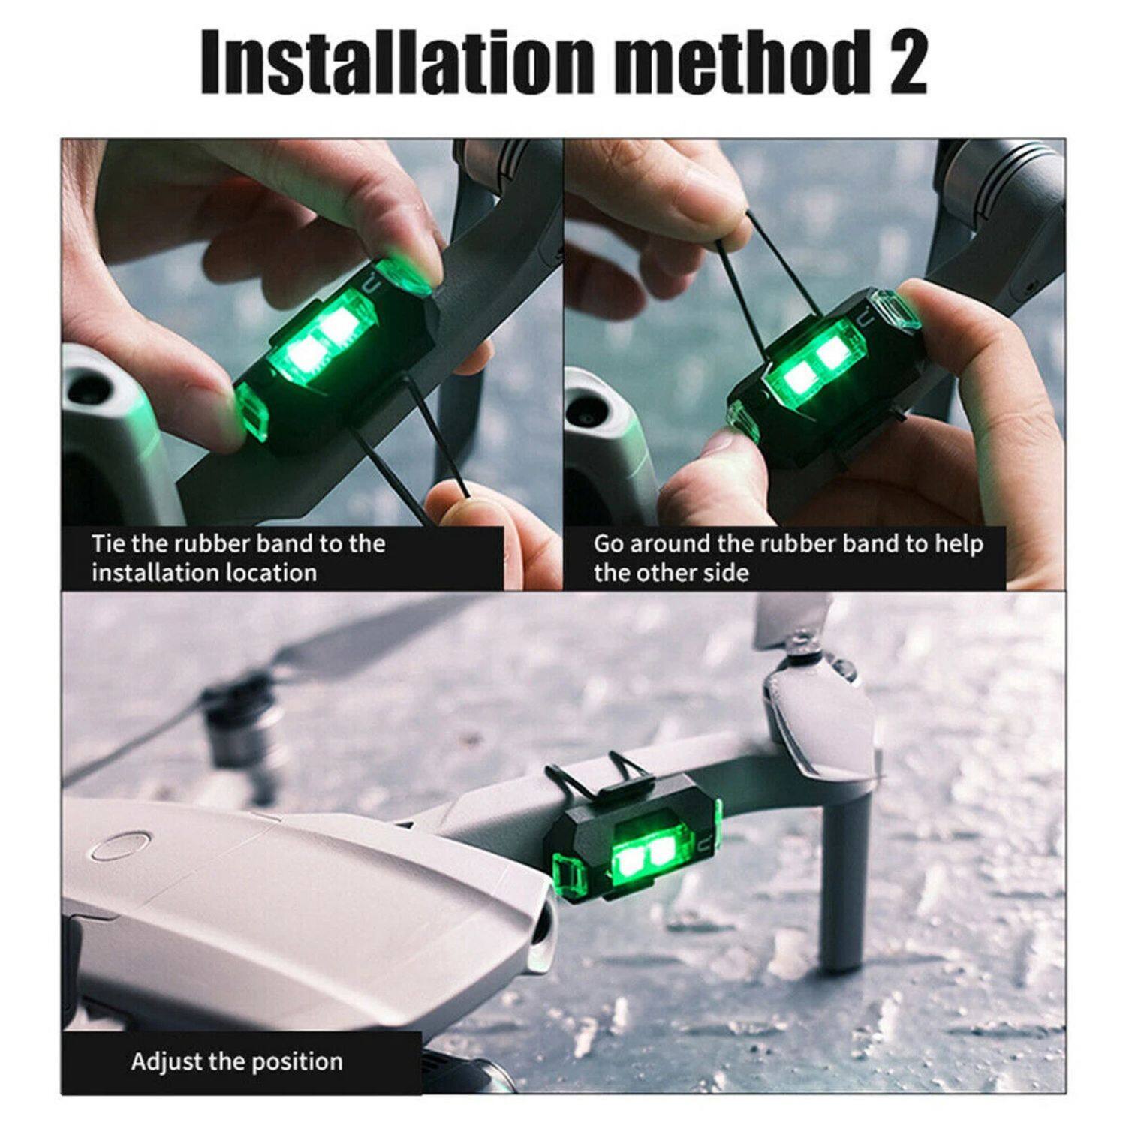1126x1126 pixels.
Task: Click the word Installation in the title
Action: pyautogui.click(x=398, y=63)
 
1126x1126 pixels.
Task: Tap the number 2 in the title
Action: pyautogui.click(x=905, y=63)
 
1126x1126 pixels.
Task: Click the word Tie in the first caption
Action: pyautogui.click(x=109, y=543)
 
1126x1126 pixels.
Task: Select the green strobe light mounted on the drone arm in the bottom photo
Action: pyautogui.click(x=638, y=852)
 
